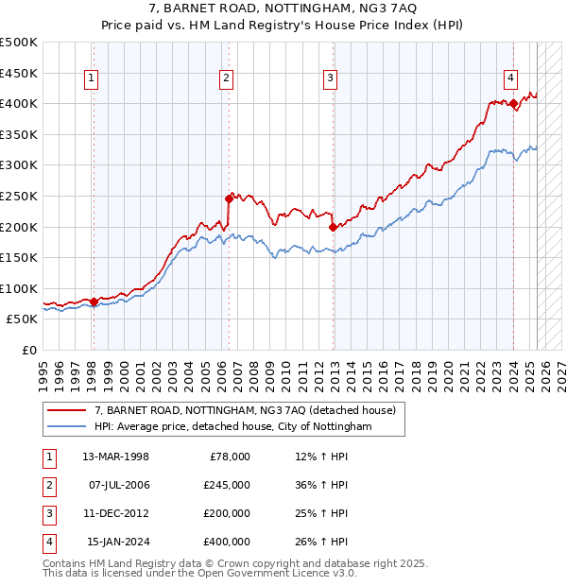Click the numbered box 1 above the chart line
pyautogui.click(x=93, y=79)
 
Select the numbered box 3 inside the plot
pyautogui.click(x=330, y=79)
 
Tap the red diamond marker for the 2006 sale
pyautogui.click(x=229, y=198)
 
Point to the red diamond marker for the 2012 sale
pyautogui.click(x=333, y=227)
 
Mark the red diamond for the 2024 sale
pyautogui.click(x=513, y=103)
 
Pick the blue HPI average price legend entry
pyautogui.click(x=233, y=427)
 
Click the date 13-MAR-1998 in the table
pyautogui.click(x=115, y=457)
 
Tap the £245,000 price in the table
pyautogui.click(x=227, y=485)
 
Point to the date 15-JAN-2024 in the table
pyautogui.click(x=117, y=542)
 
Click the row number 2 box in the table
pyautogui.click(x=48, y=485)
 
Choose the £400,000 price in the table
pyautogui.click(x=227, y=542)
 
